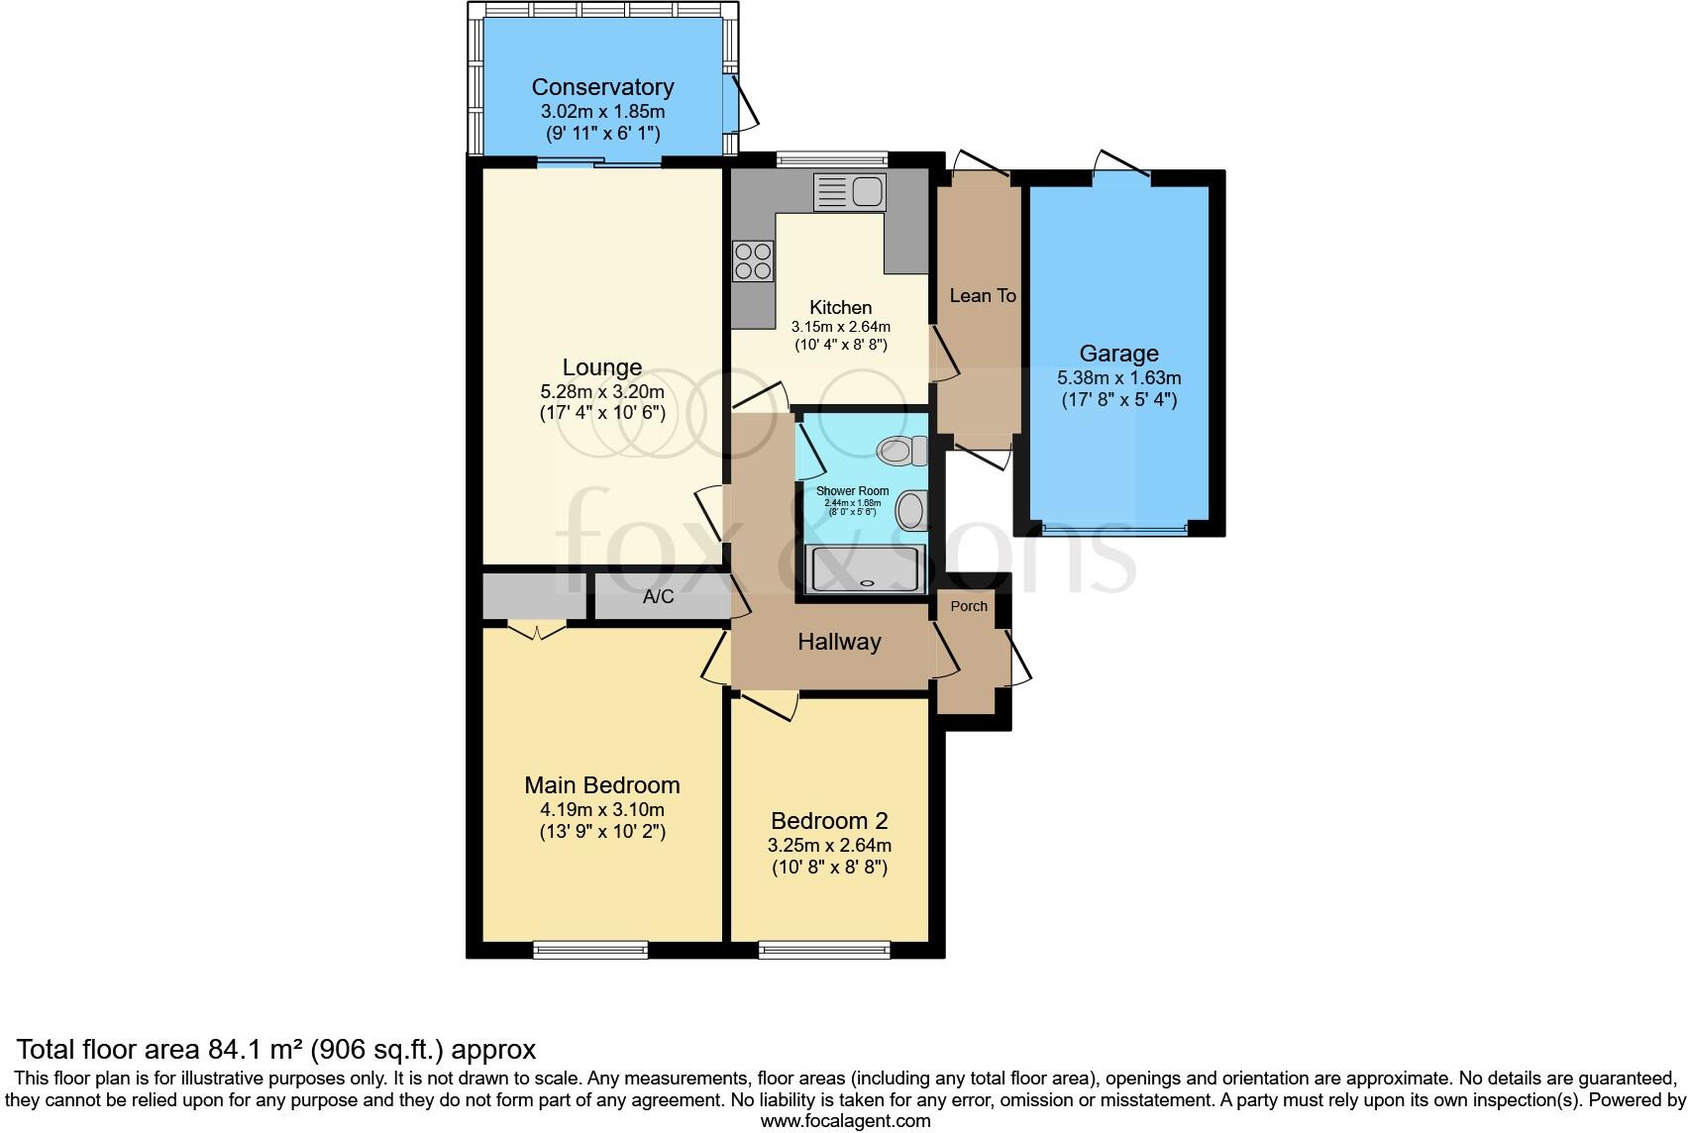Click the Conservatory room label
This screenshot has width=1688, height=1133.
pyautogui.click(x=603, y=87)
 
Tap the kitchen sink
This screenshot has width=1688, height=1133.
pyautogui.click(x=849, y=192)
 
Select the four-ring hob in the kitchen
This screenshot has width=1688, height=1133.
pyautogui.click(x=753, y=260)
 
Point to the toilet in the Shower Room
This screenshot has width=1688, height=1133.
pyautogui.click(x=902, y=452)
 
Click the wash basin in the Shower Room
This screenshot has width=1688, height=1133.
pyautogui.click(x=911, y=511)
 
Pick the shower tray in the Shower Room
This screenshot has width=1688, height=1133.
pyautogui.click(x=865, y=568)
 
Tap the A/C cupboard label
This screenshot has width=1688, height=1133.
pyautogui.click(x=658, y=596)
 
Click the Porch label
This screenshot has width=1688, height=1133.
pyautogui.click(x=969, y=606)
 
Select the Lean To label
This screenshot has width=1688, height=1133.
pyautogui.click(x=983, y=296)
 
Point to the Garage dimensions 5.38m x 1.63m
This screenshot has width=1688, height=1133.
pyautogui.click(x=1119, y=378)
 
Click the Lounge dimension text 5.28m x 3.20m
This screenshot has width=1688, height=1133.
pyautogui.click(x=602, y=392)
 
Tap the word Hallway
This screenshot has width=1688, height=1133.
pyautogui.click(x=839, y=642)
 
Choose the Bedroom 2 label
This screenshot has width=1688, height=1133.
pyautogui.click(x=829, y=820)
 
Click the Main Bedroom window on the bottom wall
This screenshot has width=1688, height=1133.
pyautogui.click(x=590, y=950)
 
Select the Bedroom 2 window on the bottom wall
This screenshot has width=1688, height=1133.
pyautogui.click(x=824, y=950)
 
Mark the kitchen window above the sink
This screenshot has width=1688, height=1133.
pyautogui.click(x=832, y=158)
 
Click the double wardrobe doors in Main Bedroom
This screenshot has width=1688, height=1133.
pyautogui.click(x=536, y=631)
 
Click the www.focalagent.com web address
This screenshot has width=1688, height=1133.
pyautogui.click(x=846, y=1121)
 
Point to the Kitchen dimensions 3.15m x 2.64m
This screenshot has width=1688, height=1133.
pyautogui.click(x=840, y=327)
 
